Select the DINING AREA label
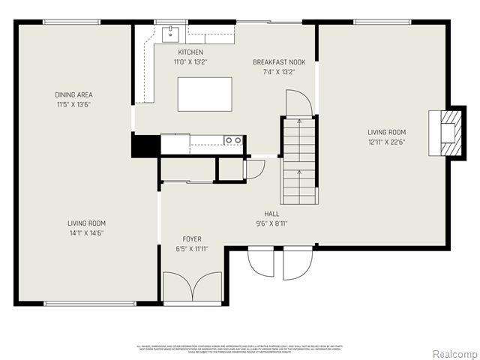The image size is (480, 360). [x=73, y=94]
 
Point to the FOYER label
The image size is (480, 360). [x=192, y=239]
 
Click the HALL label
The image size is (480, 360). [x=271, y=213]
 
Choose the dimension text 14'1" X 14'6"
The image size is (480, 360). [x=86, y=233]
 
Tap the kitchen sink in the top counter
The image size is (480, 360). [x=171, y=34]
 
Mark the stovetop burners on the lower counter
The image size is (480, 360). [x=233, y=139]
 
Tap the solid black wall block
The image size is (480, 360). [x=145, y=145]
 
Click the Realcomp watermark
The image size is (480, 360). [x=454, y=353]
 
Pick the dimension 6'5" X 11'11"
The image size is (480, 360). [x=192, y=249]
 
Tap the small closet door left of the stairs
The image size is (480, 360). [x=253, y=169]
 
